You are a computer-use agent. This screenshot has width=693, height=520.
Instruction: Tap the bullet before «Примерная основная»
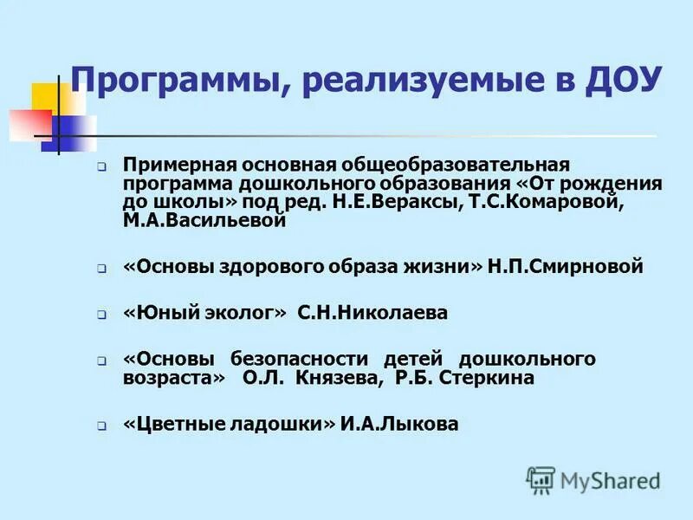coord(101,166)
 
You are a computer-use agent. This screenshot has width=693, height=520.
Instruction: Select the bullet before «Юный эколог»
coord(101,315)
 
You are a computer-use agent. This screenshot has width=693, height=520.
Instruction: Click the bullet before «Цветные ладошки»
coord(101,426)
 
